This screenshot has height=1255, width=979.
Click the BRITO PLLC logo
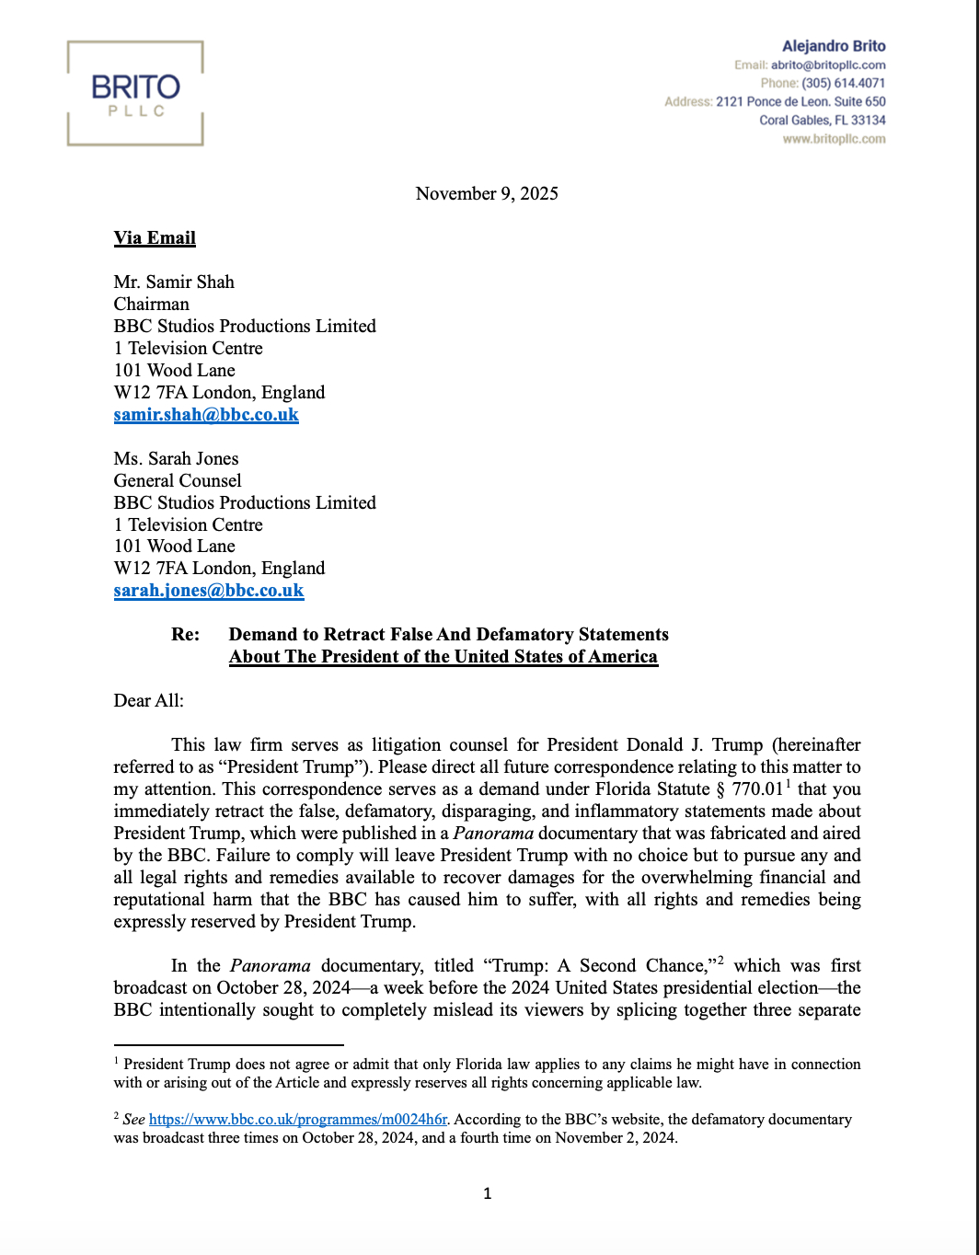135,93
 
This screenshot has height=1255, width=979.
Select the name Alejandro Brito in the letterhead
834,46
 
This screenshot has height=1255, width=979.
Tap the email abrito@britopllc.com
828,65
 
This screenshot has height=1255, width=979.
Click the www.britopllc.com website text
834,139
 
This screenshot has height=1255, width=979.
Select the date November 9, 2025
487,193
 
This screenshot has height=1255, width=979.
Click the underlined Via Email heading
155,237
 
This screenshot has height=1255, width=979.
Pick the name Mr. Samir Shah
174,282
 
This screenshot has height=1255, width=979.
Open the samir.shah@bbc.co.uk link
206,414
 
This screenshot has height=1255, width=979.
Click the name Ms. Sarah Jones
176,458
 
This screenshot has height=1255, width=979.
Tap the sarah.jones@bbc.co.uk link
209,590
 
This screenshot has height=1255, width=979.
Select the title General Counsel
178,480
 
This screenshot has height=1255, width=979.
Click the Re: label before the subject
185,634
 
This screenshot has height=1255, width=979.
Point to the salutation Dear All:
148,700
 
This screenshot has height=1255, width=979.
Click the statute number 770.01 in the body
757,789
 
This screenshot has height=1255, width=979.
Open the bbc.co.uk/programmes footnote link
298,1119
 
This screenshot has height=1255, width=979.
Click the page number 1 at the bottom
487,1193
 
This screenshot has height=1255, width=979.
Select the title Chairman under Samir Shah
152,304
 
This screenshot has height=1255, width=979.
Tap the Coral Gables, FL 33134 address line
822,120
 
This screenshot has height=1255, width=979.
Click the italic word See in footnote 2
134,1119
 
